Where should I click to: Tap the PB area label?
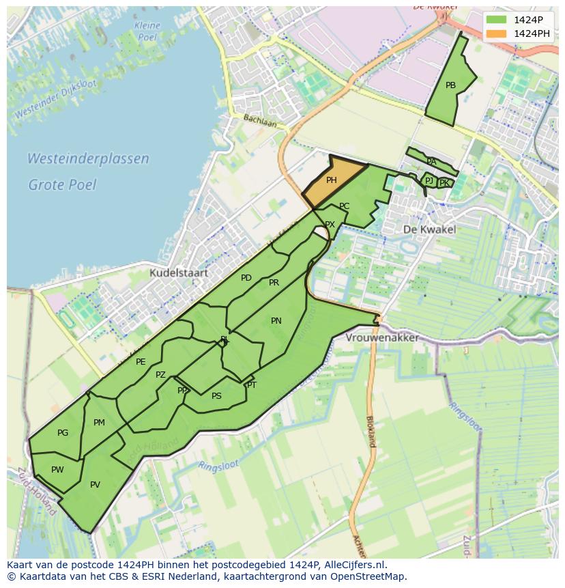[450, 85]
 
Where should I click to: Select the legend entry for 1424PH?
[532, 33]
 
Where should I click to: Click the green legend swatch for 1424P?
[497, 20]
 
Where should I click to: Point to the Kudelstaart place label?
[179, 272]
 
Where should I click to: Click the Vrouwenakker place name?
[381, 338]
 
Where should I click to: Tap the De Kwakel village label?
[429, 229]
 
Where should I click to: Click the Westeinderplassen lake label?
[88, 159]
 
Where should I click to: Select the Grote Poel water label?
[62, 184]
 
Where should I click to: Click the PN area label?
[276, 320]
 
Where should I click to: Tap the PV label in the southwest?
[95, 485]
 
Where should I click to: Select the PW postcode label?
[57, 469]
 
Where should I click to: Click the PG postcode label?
[63, 433]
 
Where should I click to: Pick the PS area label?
[216, 396]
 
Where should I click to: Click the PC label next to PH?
[344, 206]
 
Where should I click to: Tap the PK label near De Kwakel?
[444, 183]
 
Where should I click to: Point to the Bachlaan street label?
[260, 121]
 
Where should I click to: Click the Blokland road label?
[371, 431]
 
